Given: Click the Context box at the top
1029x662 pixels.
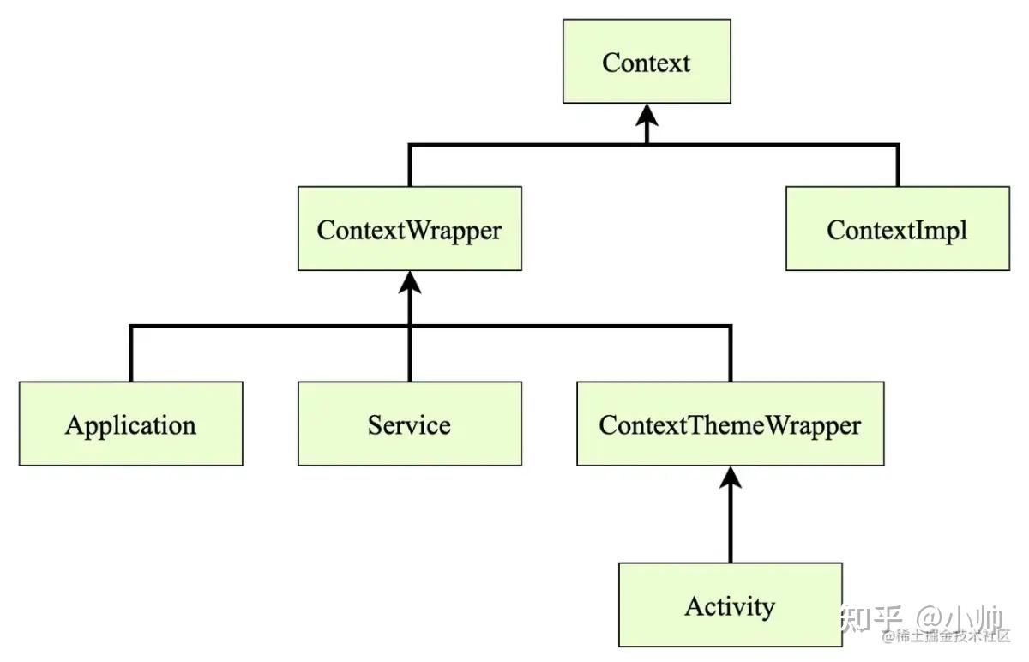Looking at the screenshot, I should pos(647,62).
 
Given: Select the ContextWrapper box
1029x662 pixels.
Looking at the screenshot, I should pos(409,229).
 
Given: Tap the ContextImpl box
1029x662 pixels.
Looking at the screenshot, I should pos(897,229).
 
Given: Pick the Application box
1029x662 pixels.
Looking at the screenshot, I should pos(130,424).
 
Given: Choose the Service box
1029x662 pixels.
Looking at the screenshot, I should pos(409,424).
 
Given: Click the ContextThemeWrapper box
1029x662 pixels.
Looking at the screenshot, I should pos(730,424).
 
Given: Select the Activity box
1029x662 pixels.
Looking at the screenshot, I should pos(730,605).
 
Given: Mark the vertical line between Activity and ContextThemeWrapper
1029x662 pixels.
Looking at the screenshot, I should pos(730,527).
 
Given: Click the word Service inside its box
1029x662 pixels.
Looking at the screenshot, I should pos(409,424).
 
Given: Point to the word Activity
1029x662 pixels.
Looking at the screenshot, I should pos(730,606).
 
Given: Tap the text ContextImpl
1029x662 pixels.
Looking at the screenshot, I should pos(897,230).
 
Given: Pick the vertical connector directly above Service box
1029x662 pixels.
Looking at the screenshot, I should pos(409,356).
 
